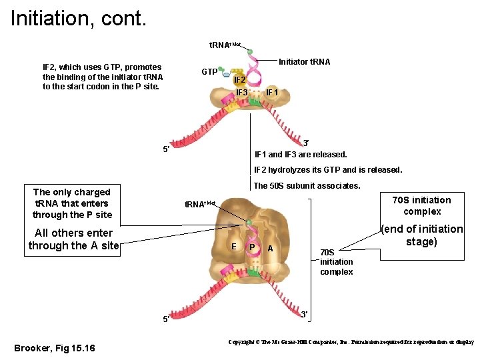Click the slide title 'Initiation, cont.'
click(78, 17)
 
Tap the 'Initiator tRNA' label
click(304, 61)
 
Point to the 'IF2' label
click(240, 79)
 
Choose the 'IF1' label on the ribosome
click(272, 91)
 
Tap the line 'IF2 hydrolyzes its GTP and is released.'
click(328, 169)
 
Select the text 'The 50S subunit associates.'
click(307, 185)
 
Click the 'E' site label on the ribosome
click(233, 247)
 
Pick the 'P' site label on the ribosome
click(251, 247)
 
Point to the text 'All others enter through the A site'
click(73, 239)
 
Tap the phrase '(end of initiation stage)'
click(421, 235)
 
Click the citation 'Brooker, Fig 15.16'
click(55, 348)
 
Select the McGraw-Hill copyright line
click(351, 341)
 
